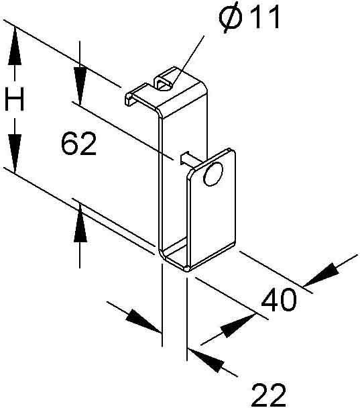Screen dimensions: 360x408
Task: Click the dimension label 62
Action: click(78, 144)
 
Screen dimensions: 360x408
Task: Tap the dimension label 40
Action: click(279, 300)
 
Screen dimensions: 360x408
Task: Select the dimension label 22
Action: click(269, 396)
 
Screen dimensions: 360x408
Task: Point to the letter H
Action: click(15, 99)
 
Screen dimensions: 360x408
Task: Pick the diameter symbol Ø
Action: click(231, 17)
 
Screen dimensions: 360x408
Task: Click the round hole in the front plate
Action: click(213, 174)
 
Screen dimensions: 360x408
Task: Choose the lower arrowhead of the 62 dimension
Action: click(80, 223)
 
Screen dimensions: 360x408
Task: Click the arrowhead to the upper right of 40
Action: click(322, 275)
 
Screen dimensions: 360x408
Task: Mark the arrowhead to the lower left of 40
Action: click(239, 326)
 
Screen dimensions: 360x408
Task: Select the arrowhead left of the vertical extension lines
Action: click(144, 321)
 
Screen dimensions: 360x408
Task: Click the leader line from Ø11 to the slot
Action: click(188, 60)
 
